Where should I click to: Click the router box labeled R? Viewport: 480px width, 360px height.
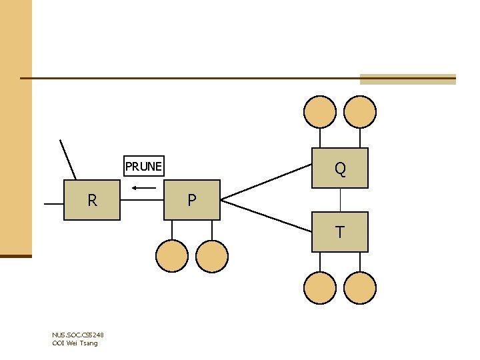[x=92, y=200]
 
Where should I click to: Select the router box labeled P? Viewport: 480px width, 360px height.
[x=192, y=200]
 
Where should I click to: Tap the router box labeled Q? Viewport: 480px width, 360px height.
[x=340, y=168]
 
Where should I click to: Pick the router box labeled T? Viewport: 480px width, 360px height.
[x=340, y=232]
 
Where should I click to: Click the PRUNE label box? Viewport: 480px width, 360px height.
[x=143, y=166]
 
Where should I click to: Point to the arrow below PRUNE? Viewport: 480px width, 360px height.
[x=143, y=187]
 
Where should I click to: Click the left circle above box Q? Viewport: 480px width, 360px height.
[x=320, y=111]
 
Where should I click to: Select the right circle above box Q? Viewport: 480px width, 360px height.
[x=360, y=111]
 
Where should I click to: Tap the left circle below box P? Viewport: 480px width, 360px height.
[x=172, y=256]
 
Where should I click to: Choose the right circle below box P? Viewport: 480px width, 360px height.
[x=212, y=256]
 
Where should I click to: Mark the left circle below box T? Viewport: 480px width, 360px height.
[x=320, y=288]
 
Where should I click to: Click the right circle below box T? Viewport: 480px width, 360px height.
[x=360, y=288]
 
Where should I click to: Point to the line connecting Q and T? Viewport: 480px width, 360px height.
[x=341, y=200]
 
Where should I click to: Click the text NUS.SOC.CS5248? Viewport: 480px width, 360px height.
[x=77, y=335]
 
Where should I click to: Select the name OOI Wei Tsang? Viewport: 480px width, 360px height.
[x=75, y=343]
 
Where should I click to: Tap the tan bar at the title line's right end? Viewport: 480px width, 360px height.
[x=407, y=79]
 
